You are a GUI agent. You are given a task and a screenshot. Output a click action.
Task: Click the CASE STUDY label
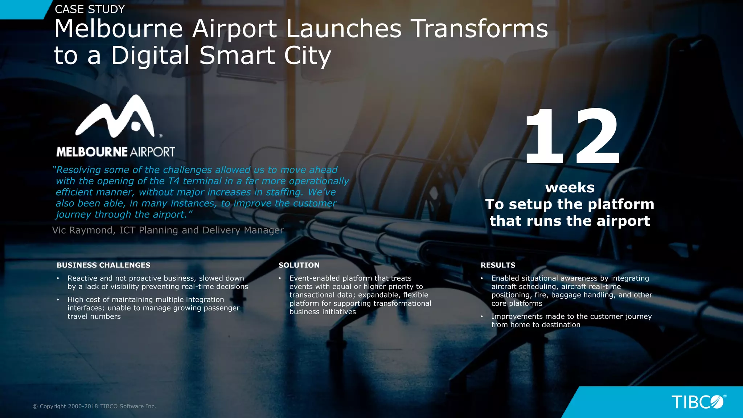click(x=90, y=9)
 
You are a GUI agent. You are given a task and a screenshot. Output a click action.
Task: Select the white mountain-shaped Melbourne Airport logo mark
click(x=115, y=117)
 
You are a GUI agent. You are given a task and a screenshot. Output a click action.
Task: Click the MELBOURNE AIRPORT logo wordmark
click(x=115, y=152)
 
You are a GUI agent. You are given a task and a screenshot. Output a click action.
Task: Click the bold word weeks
click(x=570, y=188)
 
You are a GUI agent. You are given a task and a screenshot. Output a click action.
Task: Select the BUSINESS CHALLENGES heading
click(x=103, y=265)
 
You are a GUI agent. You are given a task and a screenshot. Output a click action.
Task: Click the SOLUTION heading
click(x=299, y=265)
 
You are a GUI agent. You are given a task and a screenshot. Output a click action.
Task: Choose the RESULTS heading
click(x=498, y=265)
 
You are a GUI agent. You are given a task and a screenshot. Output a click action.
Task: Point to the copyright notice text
click(x=94, y=406)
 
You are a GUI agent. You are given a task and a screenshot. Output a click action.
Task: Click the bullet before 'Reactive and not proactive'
click(x=58, y=278)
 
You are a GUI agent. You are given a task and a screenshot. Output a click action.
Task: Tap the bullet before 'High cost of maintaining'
click(x=58, y=300)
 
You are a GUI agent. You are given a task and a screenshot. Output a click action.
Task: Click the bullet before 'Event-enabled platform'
click(x=280, y=278)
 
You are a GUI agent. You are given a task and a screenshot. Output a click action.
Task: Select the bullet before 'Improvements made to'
click(x=482, y=316)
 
